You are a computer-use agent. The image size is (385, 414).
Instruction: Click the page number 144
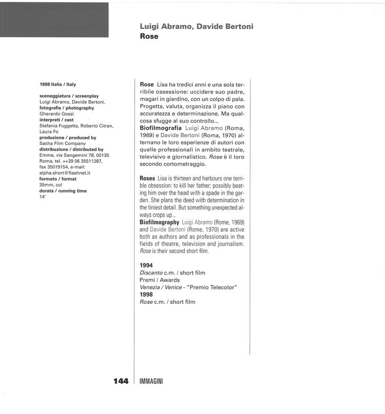tap(121, 381)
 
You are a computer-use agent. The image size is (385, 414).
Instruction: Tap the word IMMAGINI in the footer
tap(151, 382)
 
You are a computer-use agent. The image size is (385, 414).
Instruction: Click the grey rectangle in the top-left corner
tap(54, 20)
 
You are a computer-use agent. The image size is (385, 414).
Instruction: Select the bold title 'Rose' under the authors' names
tap(149, 36)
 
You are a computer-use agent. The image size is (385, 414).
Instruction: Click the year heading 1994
tap(147, 265)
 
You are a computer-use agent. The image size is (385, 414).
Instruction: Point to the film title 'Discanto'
tap(151, 273)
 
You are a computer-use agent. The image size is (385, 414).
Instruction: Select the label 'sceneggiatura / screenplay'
tap(69, 96)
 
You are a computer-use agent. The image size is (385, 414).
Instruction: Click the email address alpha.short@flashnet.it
tap(65, 173)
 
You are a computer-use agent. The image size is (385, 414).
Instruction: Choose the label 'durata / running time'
tap(63, 191)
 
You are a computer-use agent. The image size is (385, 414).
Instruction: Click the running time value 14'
tap(42, 197)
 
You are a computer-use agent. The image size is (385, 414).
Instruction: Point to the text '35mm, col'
tap(51, 185)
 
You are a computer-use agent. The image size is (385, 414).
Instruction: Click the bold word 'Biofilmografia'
tap(161, 128)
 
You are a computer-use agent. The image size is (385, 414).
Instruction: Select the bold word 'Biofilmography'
tap(159, 222)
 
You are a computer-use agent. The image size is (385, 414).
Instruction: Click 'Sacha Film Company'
tap(63, 143)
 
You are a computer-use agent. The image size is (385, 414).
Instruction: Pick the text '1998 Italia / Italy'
tap(58, 85)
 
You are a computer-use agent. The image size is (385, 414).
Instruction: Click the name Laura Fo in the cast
tap(49, 132)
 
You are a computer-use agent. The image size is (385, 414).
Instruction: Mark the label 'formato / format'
tap(58, 179)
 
